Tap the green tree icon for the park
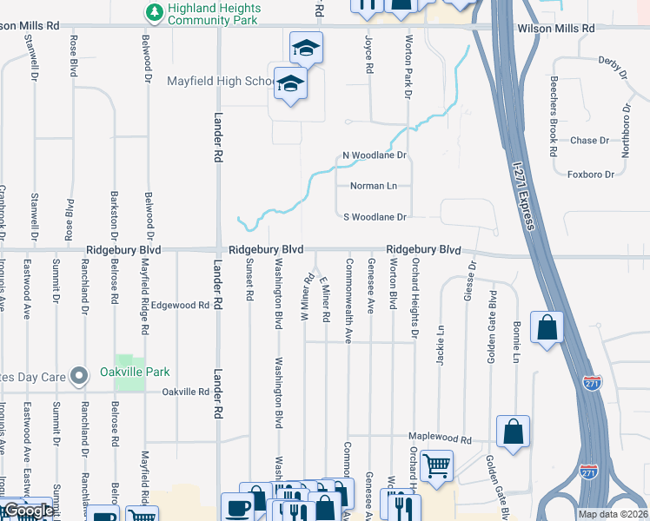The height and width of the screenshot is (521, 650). (x=155, y=12)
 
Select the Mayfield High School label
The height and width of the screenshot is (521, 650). (x=220, y=82)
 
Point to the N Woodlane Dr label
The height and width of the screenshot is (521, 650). (x=375, y=155)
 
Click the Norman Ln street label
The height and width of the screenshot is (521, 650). (x=373, y=186)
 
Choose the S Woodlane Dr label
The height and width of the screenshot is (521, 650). (x=375, y=217)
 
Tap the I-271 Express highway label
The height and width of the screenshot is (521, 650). (x=521, y=193)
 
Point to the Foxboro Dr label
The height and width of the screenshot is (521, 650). (x=590, y=175)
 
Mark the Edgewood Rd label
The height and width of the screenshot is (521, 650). (x=180, y=306)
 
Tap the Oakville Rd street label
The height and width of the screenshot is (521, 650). (x=184, y=392)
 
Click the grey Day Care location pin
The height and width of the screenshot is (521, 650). (x=80, y=376)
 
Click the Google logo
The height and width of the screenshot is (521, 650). (x=29, y=511)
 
